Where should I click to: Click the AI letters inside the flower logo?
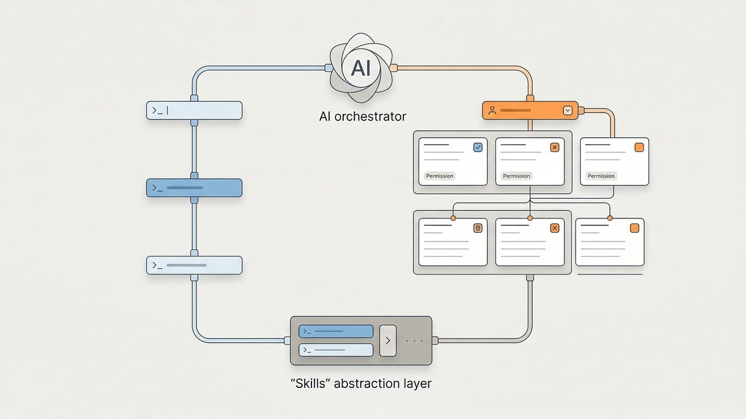[361, 68]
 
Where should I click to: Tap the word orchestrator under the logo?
[375, 116]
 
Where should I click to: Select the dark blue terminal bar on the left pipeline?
[193, 188]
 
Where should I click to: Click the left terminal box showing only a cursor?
[193, 110]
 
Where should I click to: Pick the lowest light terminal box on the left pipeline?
[193, 265]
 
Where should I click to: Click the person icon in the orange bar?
[492, 110]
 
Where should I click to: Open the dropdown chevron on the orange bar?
[567, 110]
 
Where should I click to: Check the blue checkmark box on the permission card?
[477, 147]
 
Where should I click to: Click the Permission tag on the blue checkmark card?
[440, 176]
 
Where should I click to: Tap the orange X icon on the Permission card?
[555, 147]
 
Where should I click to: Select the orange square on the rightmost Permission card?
[638, 147]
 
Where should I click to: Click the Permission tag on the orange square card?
[601, 176]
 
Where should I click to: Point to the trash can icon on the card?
[477, 228]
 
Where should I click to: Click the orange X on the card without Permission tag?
[555, 228]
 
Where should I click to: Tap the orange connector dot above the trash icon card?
[453, 218]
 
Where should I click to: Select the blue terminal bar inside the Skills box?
[336, 331]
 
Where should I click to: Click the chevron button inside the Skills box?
[387, 341]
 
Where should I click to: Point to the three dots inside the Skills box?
[413, 341]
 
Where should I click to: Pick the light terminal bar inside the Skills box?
[336, 350]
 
